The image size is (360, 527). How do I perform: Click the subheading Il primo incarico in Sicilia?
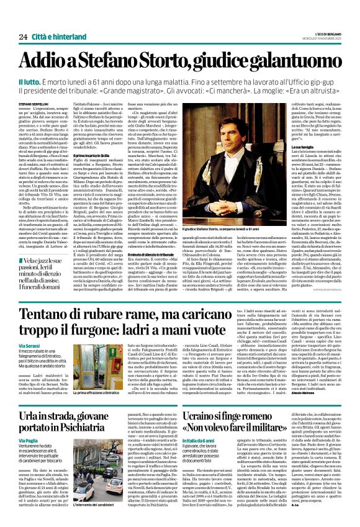[x=102, y=153]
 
